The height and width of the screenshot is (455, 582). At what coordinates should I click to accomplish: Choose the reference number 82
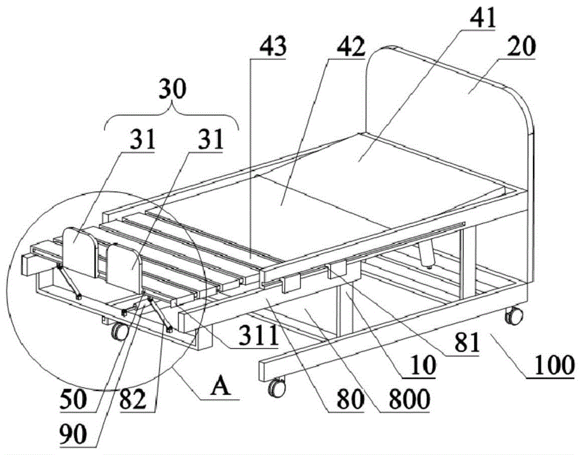139,401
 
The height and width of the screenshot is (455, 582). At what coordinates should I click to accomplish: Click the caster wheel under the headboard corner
513,317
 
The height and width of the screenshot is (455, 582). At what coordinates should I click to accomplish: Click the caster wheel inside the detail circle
120,332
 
